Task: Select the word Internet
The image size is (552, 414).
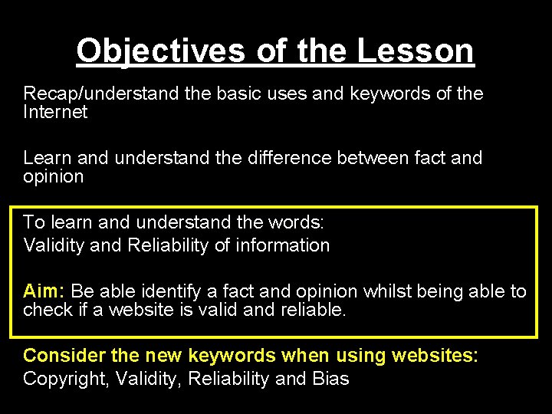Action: (55, 112)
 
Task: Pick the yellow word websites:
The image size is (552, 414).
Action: (435, 356)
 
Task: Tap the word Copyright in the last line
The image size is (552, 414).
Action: (64, 379)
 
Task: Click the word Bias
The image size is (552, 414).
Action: (330, 379)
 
